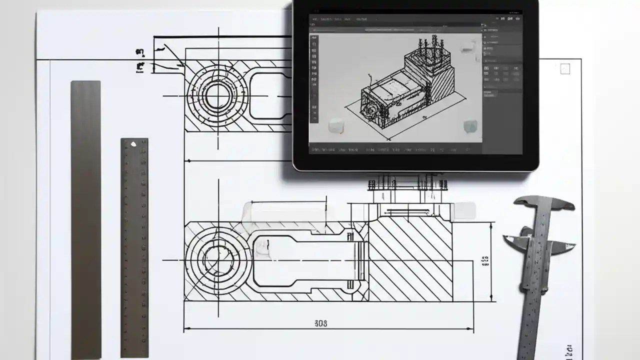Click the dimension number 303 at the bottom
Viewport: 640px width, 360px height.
click(321, 323)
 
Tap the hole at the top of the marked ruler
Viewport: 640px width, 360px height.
click(133, 144)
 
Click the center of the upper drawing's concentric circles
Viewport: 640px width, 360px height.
click(218, 94)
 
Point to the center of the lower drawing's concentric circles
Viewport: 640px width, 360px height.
click(218, 260)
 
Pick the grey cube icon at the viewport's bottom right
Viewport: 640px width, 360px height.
click(470, 126)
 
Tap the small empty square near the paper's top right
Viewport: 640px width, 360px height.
click(565, 69)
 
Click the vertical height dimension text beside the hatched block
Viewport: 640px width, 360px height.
click(484, 261)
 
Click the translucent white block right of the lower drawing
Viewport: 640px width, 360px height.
click(462, 211)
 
